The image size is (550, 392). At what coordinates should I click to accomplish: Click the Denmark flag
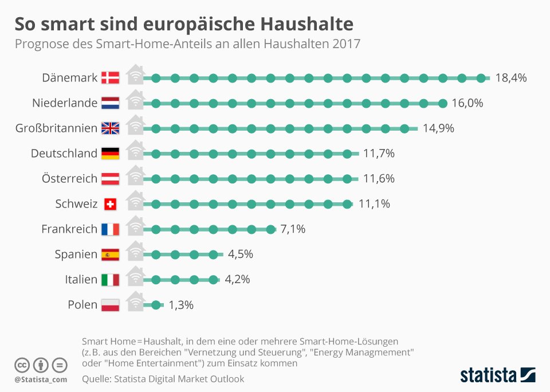(110, 77)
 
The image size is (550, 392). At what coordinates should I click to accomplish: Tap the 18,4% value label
(510, 77)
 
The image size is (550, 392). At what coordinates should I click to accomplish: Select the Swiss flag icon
(110, 204)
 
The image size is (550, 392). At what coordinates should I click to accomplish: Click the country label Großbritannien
(56, 128)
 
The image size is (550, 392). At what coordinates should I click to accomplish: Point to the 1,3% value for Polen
(181, 305)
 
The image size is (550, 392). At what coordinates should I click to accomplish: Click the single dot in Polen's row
(156, 305)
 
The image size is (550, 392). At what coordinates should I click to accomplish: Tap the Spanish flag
(110, 254)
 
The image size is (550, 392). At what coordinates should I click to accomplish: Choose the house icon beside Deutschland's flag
(135, 150)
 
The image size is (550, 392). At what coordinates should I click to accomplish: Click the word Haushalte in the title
(307, 24)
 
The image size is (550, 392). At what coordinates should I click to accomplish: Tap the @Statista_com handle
(41, 379)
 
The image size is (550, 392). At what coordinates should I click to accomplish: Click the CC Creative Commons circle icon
(22, 365)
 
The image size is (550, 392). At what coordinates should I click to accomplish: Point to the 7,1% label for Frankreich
(293, 229)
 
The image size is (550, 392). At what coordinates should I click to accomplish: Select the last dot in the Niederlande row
(443, 103)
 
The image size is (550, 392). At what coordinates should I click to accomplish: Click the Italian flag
(110, 280)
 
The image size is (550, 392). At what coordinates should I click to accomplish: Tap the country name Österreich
(69, 179)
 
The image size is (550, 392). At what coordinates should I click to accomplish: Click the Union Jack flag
(110, 128)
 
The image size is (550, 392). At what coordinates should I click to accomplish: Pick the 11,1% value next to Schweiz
(374, 204)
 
